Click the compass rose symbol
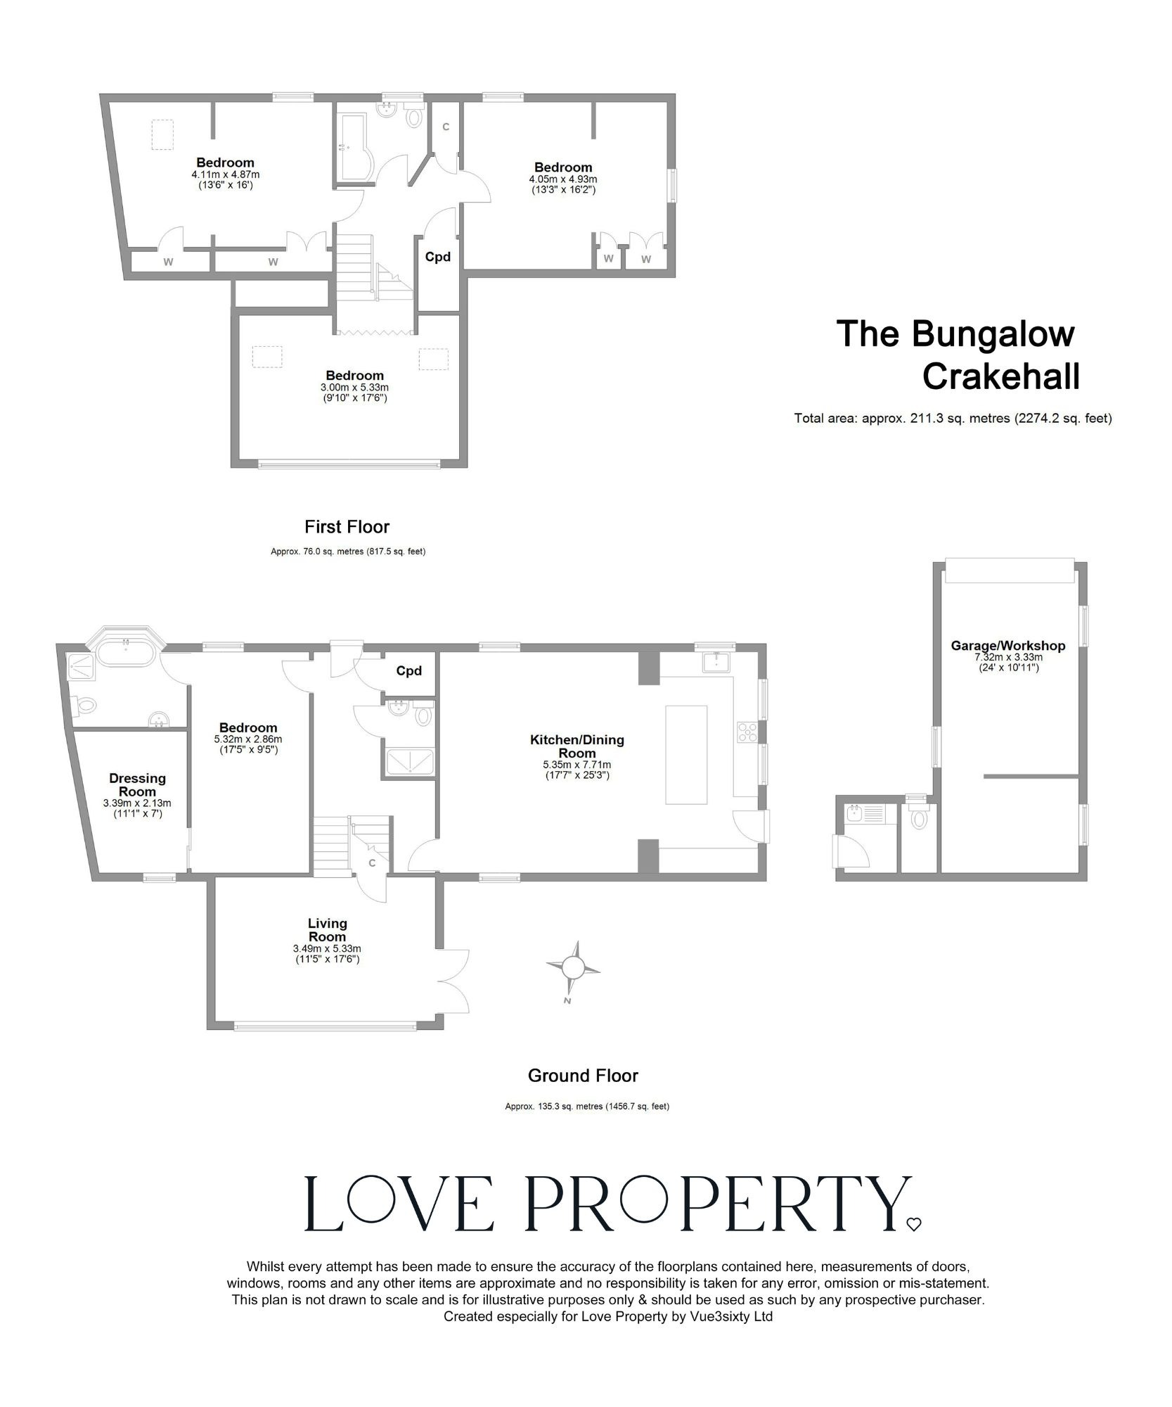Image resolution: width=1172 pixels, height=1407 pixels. coord(573,969)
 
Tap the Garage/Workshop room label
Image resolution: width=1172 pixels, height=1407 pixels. coord(1007,646)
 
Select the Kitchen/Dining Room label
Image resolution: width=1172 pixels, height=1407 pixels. coord(577,746)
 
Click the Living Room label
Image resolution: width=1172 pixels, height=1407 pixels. coord(327,930)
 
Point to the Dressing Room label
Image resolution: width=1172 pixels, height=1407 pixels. coord(137,784)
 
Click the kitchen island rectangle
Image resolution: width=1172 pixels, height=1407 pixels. coord(686,754)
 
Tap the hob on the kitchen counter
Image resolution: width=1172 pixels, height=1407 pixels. coord(746,732)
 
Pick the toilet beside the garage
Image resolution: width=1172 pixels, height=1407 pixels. coord(917,820)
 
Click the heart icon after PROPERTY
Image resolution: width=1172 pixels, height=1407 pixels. coord(913,1225)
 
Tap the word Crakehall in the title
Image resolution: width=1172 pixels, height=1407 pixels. coord(1000,377)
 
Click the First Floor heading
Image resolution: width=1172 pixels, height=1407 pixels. coord(347,526)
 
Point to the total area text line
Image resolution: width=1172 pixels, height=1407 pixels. coord(953,419)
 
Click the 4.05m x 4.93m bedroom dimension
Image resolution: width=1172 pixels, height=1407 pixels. coord(562,179)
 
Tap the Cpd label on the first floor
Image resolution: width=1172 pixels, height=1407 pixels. coord(437,257)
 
